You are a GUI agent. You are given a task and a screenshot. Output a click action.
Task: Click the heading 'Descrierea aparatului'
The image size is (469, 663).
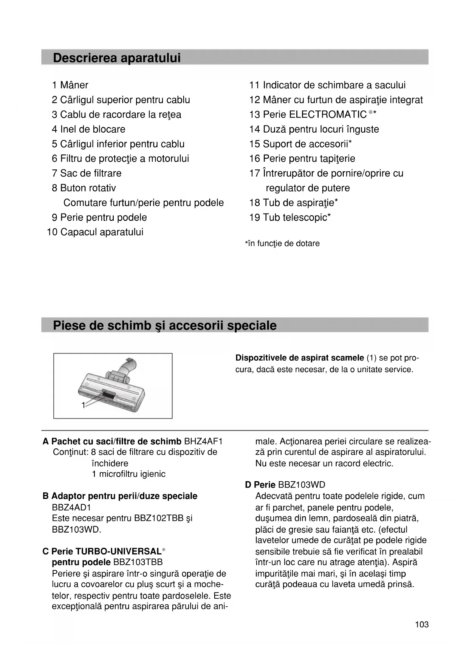117,58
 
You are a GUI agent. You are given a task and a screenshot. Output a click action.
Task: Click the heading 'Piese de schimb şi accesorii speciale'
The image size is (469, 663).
165,325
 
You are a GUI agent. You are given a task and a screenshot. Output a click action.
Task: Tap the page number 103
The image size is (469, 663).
422,624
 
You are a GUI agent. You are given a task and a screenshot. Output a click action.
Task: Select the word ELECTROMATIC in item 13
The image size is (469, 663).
328,115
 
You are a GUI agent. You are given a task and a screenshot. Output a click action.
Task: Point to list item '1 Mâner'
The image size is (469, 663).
70,85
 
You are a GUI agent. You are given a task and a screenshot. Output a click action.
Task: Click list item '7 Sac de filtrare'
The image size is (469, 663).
87,173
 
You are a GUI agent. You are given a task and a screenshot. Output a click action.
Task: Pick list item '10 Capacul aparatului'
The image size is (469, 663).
95,232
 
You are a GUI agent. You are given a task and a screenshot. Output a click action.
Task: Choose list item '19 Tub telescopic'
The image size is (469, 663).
290,218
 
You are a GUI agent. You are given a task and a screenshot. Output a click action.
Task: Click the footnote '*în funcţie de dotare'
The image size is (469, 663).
282,243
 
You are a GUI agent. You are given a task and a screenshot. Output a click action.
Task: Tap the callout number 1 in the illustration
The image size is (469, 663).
83,405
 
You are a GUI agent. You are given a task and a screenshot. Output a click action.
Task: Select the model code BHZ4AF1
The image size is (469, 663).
203,441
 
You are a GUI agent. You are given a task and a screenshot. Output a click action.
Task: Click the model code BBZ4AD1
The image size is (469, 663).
71,507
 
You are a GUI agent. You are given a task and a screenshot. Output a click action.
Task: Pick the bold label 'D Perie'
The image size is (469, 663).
260,485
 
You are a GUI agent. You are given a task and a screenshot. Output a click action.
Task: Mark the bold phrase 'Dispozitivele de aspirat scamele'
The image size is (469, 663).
300,358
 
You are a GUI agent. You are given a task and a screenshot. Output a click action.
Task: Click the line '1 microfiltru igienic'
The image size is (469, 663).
128,474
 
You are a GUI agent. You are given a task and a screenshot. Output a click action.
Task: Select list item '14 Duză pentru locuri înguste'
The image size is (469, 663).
314,129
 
